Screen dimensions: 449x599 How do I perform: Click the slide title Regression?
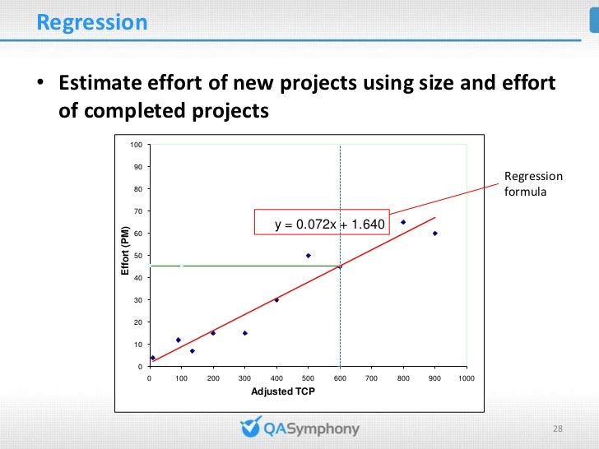coord(92,22)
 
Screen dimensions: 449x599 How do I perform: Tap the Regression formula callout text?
coord(533,184)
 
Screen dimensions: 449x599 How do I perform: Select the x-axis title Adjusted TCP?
coord(282,391)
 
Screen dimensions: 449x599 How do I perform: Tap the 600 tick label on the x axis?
coord(340,378)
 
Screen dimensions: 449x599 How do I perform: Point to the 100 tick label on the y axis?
coord(136,146)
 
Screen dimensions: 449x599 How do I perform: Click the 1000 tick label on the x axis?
coord(467,378)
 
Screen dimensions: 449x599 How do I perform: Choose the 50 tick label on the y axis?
coord(137,257)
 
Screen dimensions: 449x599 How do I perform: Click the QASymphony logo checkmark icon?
coord(250,428)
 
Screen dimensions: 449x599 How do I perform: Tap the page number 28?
coord(557,429)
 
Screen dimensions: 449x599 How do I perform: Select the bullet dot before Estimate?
coord(38,85)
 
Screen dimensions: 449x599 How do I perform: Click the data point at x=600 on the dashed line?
coord(340,266)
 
